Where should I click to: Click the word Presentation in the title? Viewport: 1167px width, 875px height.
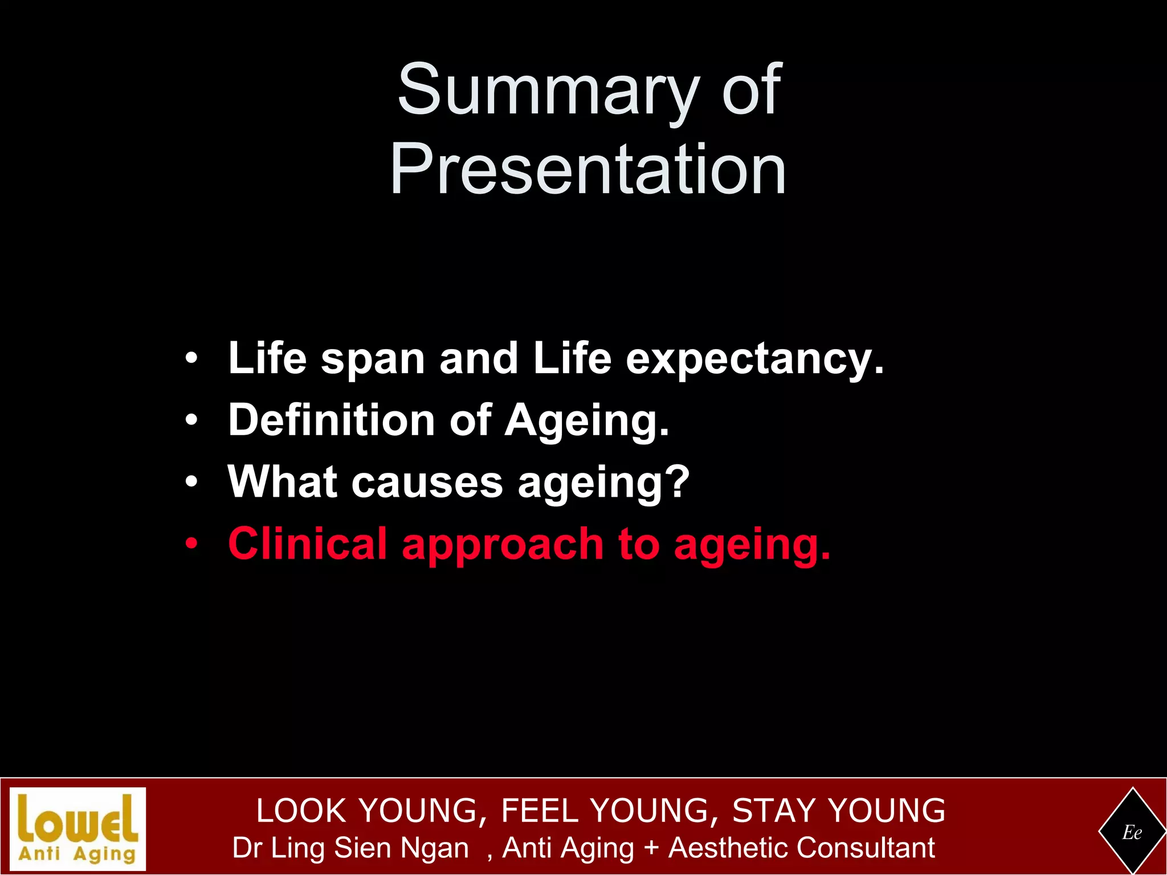click(588, 170)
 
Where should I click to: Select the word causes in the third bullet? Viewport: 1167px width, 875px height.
click(427, 483)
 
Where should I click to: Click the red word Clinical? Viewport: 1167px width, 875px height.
click(308, 544)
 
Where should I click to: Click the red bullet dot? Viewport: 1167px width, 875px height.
click(192, 544)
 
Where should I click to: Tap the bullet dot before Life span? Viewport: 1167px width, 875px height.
click(192, 359)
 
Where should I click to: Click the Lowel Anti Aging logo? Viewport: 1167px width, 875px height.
click(78, 828)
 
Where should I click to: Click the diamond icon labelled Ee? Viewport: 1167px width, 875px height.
click(1132, 832)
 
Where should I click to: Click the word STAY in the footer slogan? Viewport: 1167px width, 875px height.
click(773, 811)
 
